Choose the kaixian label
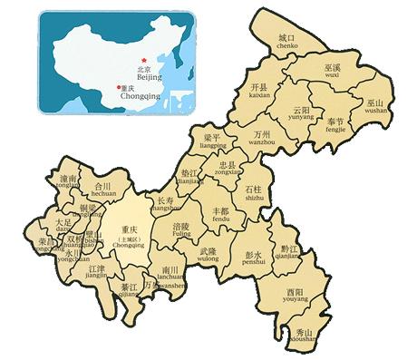point(260,93)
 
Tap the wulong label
point(208,258)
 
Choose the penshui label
point(253,261)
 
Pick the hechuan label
point(103,193)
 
